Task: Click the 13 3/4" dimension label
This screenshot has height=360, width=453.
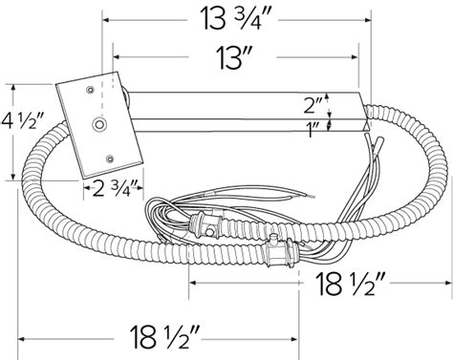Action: (x=235, y=19)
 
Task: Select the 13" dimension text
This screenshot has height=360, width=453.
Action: (x=232, y=57)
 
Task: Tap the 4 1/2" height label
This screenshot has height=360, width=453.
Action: (x=22, y=121)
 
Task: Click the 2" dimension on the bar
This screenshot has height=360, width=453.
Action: (x=313, y=105)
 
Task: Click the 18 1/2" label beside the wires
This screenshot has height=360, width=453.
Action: (x=351, y=284)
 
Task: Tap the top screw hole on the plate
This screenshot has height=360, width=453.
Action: (x=91, y=90)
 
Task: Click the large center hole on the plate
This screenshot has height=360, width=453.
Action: (x=99, y=124)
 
